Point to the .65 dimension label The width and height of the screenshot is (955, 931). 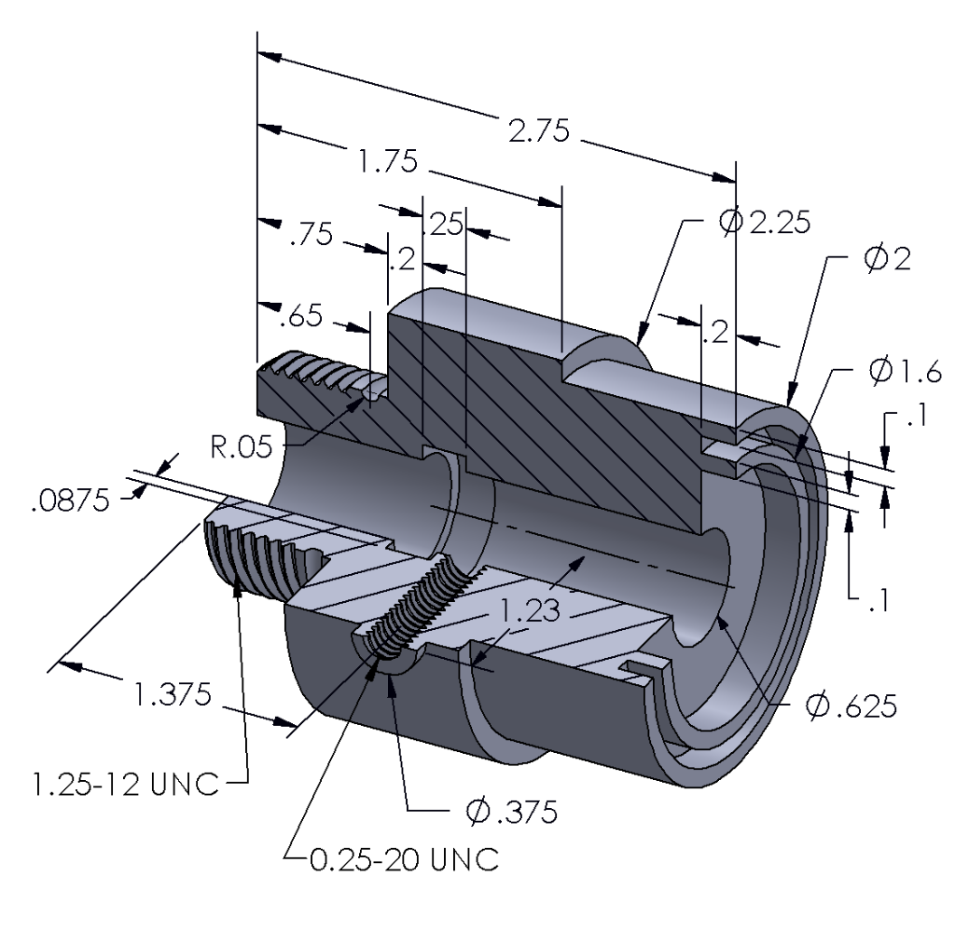pos(302,318)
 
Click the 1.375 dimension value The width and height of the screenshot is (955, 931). pos(171,694)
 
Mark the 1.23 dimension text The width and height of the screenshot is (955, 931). pos(525,612)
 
